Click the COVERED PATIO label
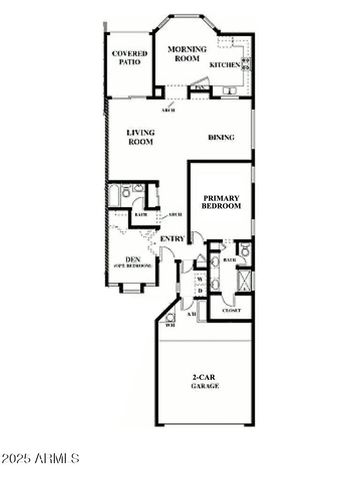pos(130,57)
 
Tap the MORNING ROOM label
pos(186,53)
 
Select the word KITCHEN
pos(224,65)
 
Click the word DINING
pos(221,137)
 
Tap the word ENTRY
pos(172,237)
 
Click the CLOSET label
pos(230,311)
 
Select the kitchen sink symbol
pos(230,91)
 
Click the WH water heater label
pos(171,323)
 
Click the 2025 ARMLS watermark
pos(42,458)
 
